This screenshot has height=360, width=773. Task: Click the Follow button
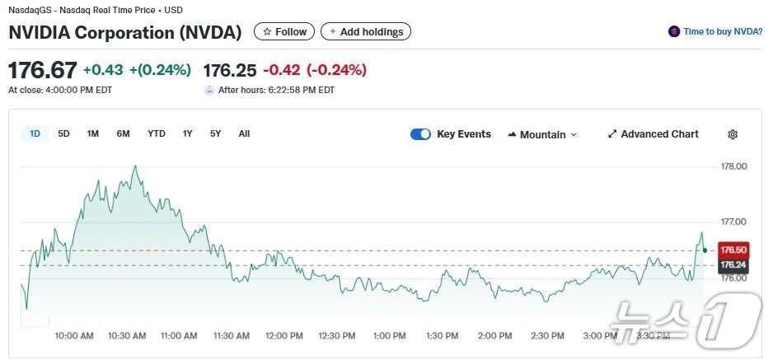click(x=284, y=32)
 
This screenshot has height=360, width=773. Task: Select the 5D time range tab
click(x=63, y=133)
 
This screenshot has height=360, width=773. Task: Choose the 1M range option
click(x=93, y=133)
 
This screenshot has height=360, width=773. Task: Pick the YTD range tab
click(x=157, y=133)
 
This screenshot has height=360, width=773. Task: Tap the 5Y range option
click(x=215, y=133)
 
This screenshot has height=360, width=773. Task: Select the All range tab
click(x=244, y=133)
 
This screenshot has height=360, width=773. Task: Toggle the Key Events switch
click(x=420, y=134)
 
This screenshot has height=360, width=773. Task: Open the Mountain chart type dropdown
click(x=542, y=134)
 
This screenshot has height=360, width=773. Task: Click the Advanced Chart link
click(x=653, y=134)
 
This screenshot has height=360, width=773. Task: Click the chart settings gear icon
click(x=733, y=134)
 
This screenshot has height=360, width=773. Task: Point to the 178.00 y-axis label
click(x=733, y=166)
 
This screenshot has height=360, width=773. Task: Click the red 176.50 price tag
click(x=733, y=250)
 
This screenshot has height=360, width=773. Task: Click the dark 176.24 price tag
click(x=733, y=265)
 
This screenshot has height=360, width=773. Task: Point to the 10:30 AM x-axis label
click(x=127, y=336)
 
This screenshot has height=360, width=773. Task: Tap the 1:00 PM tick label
click(x=389, y=336)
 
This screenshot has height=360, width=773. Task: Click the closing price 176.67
click(x=43, y=70)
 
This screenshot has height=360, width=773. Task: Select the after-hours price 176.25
click(x=230, y=70)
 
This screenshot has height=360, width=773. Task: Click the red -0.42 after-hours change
click(x=280, y=70)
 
